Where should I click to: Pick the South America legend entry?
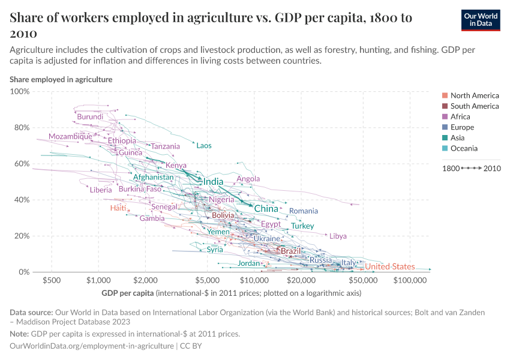[x=475, y=106]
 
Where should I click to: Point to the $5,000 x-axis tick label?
[x=208, y=280]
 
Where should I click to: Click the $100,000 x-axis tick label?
[x=410, y=280]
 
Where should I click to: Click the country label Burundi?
[x=90, y=116]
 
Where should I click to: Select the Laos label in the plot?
[x=204, y=146]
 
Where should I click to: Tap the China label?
[x=266, y=209]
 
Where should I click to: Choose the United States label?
[x=390, y=266]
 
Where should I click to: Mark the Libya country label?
[x=338, y=236]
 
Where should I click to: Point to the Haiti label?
[x=118, y=208]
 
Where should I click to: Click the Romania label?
[x=304, y=211]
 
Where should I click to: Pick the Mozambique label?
[x=70, y=136]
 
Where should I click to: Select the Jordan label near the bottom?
[x=249, y=263]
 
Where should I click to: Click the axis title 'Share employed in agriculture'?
[x=61, y=79]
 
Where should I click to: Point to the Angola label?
[x=248, y=179]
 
